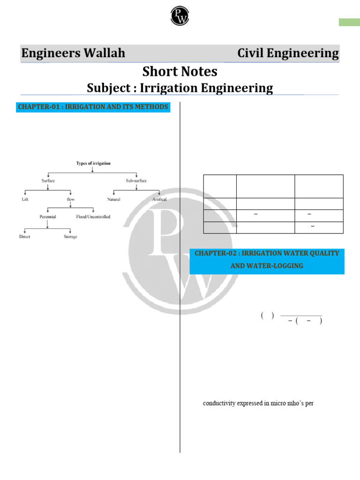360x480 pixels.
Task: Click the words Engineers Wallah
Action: click(x=73, y=53)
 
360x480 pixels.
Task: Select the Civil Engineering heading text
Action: click(x=288, y=53)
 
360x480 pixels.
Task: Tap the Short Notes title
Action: click(x=180, y=72)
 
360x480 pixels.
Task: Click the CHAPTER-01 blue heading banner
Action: click(x=93, y=107)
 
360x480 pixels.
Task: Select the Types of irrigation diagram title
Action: click(x=93, y=164)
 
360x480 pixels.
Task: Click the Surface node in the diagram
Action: click(x=48, y=180)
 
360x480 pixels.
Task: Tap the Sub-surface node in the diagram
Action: click(x=136, y=180)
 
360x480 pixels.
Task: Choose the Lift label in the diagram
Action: click(x=25, y=199)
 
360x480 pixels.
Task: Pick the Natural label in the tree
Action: click(x=113, y=199)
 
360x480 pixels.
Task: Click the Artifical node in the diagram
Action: click(x=159, y=199)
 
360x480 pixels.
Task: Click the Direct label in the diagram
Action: click(x=25, y=237)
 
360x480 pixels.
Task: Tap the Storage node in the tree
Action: click(x=70, y=237)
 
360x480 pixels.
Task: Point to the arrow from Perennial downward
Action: click(x=48, y=225)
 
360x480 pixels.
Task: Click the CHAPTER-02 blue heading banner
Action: click(x=267, y=259)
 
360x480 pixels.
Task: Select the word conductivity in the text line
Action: click(x=218, y=403)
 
